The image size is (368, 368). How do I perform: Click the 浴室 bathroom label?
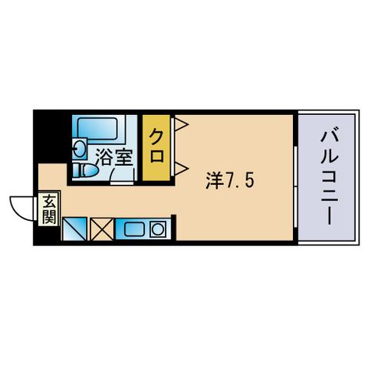(x=114, y=157)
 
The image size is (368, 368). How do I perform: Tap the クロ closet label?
(x=156, y=146)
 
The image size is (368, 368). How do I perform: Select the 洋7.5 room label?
(x=230, y=181)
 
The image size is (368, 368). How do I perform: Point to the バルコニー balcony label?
(x=330, y=178)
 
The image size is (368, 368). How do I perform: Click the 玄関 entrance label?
(x=49, y=209)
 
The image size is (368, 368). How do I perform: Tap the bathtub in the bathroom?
(x=97, y=129)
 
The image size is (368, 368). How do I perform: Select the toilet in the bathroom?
(x=85, y=170)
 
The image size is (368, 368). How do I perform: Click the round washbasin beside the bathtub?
(x=80, y=149)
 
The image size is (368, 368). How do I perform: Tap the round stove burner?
(x=158, y=229)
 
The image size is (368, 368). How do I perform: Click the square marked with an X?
(x=102, y=229)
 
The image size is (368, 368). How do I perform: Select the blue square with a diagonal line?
(x=74, y=229)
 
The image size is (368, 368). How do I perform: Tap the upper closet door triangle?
(x=182, y=124)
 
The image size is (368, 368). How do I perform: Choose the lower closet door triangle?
(x=182, y=168)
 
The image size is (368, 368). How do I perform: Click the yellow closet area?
(x=156, y=148)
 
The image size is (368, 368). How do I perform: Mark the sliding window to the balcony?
(x=295, y=187)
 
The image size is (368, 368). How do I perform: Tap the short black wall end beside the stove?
(x=173, y=227)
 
